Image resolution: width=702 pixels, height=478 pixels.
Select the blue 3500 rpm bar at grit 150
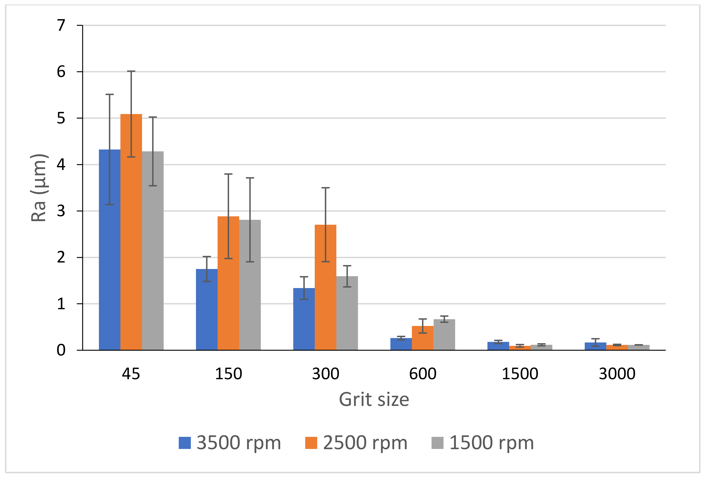click(207, 311)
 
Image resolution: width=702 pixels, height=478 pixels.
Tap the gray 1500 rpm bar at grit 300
click(347, 314)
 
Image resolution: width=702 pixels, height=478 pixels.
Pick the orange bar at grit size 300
click(325, 290)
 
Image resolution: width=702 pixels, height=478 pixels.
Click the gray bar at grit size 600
click(444, 335)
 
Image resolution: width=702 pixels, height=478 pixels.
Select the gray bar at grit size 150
click(250, 287)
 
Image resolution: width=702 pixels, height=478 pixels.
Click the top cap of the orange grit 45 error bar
click(131, 71)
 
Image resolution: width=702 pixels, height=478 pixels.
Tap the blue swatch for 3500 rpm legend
click(185, 443)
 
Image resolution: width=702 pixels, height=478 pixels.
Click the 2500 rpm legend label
click(365, 443)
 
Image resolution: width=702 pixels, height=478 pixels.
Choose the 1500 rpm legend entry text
click(491, 443)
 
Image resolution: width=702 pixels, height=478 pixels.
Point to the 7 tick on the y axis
click(61, 25)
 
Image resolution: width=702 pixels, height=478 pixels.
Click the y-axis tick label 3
click(61, 211)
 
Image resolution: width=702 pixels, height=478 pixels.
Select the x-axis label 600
click(423, 374)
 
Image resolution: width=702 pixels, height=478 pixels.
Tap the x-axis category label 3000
click(617, 374)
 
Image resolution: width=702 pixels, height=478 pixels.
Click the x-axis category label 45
click(131, 374)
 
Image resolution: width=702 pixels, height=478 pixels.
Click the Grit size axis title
click(374, 399)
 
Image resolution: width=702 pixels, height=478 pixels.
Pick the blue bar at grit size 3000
click(595, 347)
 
